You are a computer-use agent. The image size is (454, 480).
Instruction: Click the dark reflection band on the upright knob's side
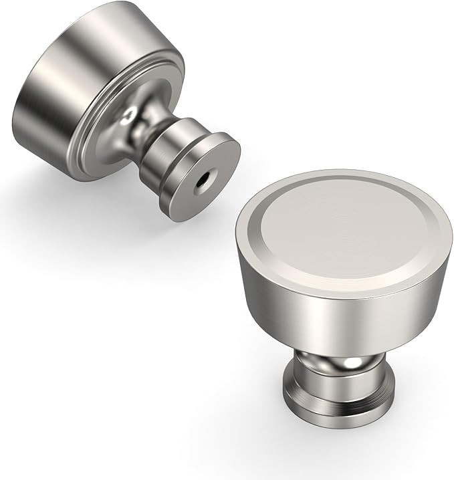(x=401, y=314)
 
